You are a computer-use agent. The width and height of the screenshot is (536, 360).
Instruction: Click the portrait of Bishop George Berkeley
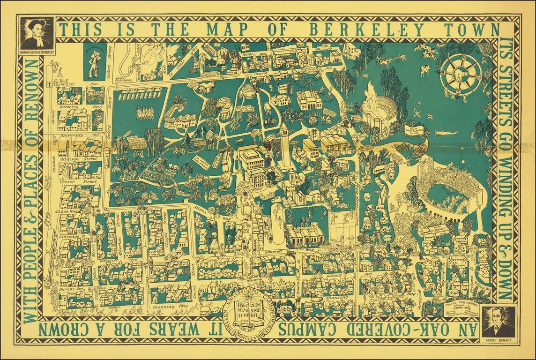coord(37,31)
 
